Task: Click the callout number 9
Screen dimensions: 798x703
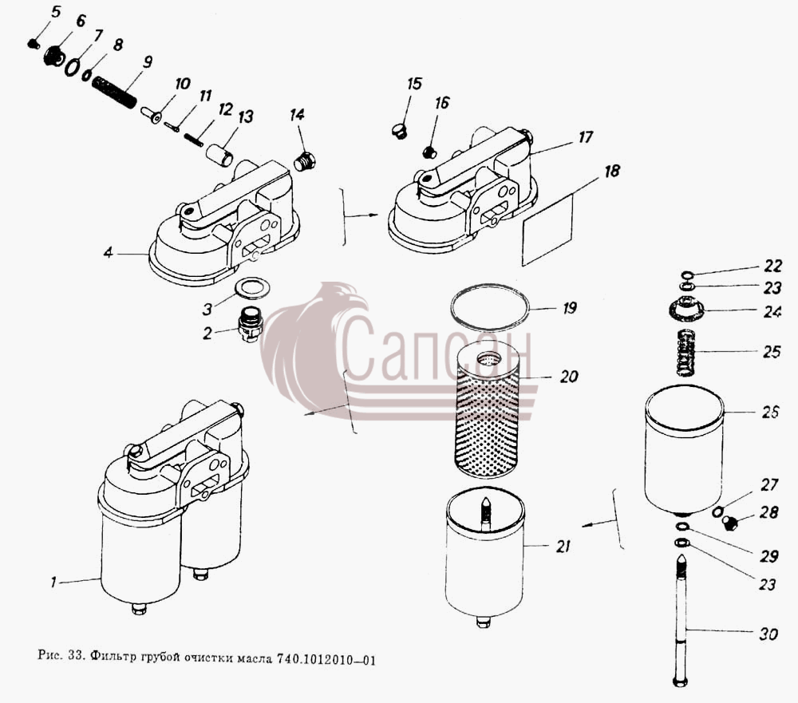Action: (147, 62)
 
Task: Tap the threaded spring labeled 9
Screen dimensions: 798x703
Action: (114, 92)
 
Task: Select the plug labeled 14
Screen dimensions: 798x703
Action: (306, 161)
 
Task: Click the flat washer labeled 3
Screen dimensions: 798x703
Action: (252, 289)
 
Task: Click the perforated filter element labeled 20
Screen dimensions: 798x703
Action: (487, 410)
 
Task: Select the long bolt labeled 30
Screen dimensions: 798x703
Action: (681, 621)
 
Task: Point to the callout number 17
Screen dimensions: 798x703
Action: (586, 137)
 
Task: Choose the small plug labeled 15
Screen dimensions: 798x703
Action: (400, 131)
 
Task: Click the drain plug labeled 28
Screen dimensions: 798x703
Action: (731, 523)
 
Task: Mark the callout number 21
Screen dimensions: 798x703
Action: (563, 547)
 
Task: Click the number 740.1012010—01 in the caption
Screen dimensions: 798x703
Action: (326, 660)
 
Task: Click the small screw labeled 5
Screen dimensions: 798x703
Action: (33, 45)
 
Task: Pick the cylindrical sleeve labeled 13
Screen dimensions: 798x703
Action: (219, 155)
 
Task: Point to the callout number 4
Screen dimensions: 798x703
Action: (108, 252)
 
